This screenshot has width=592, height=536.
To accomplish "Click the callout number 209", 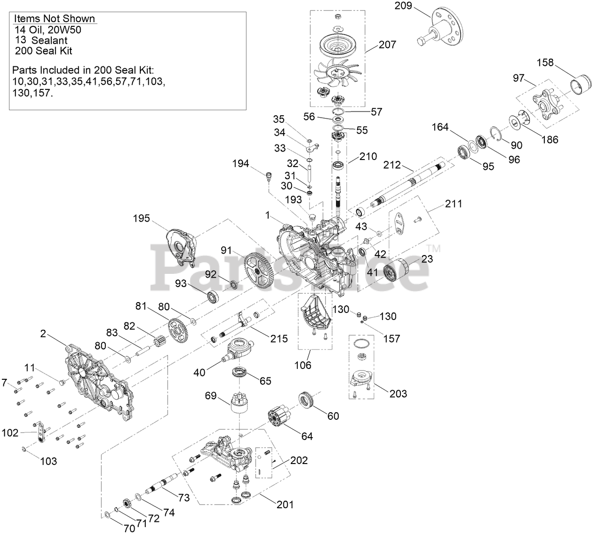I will click(x=403, y=6).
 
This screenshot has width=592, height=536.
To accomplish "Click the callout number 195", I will click(x=141, y=218).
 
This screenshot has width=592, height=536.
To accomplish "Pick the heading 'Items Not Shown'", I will click(x=55, y=19).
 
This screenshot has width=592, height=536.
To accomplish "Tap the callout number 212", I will click(x=392, y=165).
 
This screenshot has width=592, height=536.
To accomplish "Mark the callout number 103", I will click(x=48, y=461).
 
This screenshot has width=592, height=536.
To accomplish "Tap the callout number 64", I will click(x=307, y=436).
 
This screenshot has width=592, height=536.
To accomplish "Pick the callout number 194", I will click(x=240, y=164).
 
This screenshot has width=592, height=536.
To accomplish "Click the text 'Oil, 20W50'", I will click(x=53, y=30).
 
